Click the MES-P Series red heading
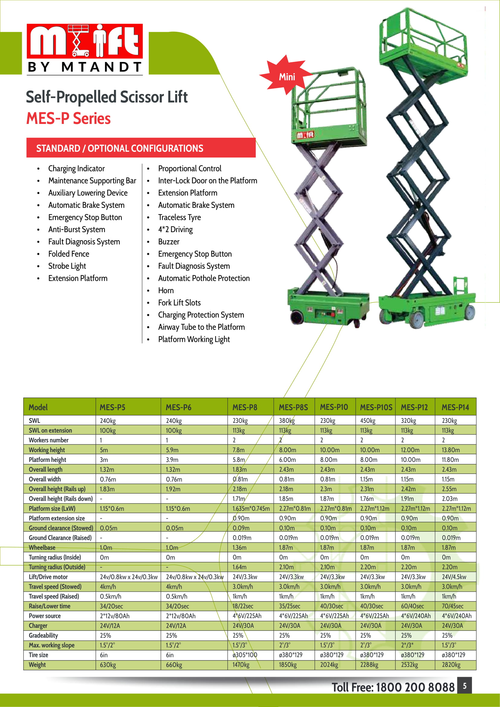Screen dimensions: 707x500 tap(68, 118)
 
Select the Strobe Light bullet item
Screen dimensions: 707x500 tap(67, 266)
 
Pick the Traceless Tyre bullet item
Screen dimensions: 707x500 tap(179, 217)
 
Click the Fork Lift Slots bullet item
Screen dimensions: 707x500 tap(179, 303)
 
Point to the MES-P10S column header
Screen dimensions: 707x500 tap(376, 407)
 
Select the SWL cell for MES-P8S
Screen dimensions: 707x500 tap(287, 421)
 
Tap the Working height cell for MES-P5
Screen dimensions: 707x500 tap(104, 450)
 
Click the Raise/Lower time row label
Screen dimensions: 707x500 tap(50, 606)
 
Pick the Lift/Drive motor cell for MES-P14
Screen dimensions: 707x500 tap(454, 577)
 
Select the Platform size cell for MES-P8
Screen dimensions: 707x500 tap(251, 508)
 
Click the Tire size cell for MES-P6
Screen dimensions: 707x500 tap(170, 655)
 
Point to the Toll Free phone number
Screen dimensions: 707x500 tap(393, 687)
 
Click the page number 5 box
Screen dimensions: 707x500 tap(464, 686)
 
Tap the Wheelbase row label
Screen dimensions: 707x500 tap(42, 547)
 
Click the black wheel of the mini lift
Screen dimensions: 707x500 tap(297, 317)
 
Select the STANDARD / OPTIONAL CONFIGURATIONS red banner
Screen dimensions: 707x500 tap(141, 148)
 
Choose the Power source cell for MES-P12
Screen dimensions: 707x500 tap(415, 616)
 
